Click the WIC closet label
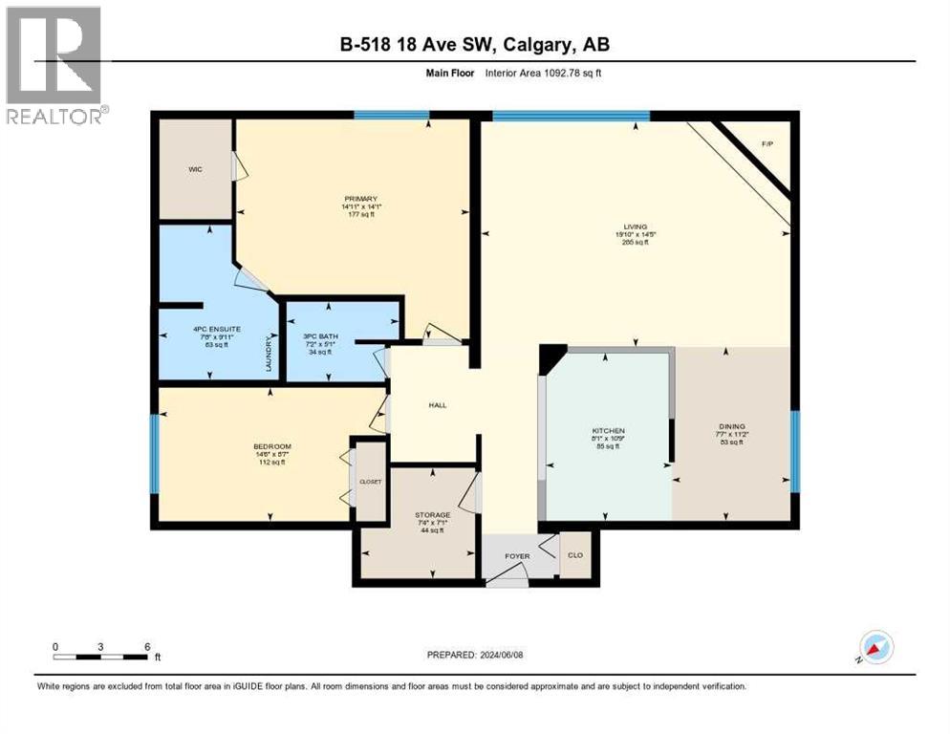[x=195, y=169]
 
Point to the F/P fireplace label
[x=766, y=143]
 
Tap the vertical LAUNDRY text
[x=270, y=353]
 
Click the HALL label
[x=438, y=405]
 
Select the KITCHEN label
[x=608, y=431]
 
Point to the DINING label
[x=732, y=427]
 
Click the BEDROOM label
[x=271, y=446]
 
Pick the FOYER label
[x=517, y=556]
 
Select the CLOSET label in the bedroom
[x=370, y=482]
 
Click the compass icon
[x=876, y=648]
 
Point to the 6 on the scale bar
[x=147, y=646]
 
